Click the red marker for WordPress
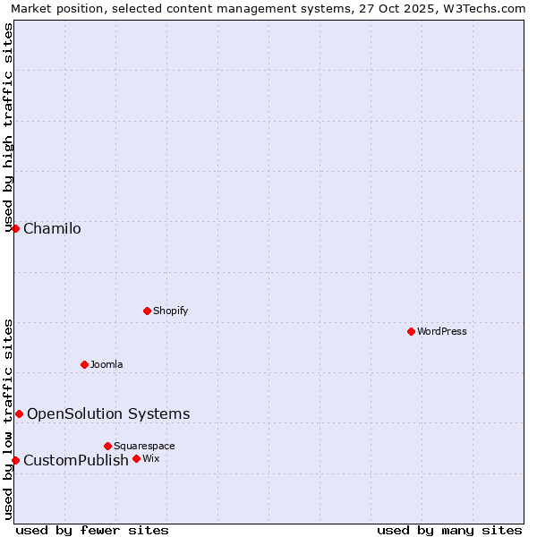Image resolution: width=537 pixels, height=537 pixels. click(411, 331)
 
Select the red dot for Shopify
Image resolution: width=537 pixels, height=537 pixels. click(147, 311)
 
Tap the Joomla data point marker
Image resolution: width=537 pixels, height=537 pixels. click(84, 364)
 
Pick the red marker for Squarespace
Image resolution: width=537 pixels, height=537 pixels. click(107, 446)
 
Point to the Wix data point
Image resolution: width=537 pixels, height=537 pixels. click(136, 458)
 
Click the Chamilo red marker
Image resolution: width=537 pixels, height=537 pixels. click(15, 228)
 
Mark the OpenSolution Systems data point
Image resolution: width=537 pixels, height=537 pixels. click(19, 413)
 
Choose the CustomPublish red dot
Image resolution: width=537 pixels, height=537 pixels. click(15, 460)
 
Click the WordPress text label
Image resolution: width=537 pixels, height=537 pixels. click(442, 331)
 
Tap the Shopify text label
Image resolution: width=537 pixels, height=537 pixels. click(170, 311)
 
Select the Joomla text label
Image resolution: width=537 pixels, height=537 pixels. click(107, 364)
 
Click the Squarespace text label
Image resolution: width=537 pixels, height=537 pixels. click(144, 446)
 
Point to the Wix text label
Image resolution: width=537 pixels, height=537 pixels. click(150, 458)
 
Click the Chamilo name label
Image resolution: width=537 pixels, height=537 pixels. click(52, 228)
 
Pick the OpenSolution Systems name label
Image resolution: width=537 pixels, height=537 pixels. click(108, 413)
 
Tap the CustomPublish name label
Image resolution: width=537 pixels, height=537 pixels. click(76, 460)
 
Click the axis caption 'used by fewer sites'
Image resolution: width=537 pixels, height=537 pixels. click(92, 530)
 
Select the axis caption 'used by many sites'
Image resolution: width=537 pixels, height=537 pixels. click(449, 530)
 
